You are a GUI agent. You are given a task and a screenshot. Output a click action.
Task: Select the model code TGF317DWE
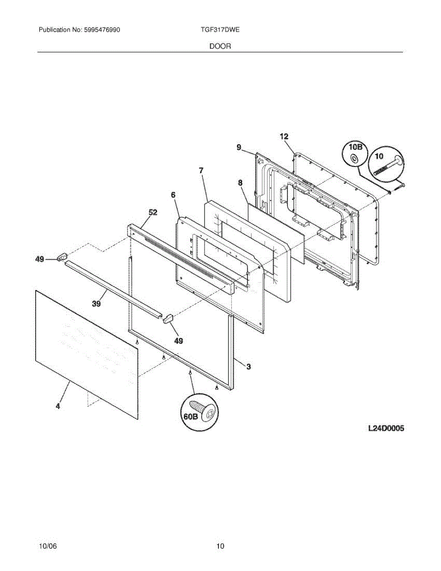[220, 30]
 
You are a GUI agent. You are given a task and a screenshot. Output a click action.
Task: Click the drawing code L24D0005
[386, 429]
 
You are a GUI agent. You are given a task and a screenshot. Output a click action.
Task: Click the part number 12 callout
[284, 137]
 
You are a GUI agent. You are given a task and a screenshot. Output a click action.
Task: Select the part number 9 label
[239, 148]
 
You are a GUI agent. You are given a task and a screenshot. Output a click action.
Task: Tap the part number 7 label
[201, 170]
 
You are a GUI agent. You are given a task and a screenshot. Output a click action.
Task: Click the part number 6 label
[173, 195]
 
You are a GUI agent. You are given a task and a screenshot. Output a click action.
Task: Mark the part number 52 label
[153, 212]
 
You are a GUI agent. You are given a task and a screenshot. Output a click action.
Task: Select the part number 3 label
[248, 366]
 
